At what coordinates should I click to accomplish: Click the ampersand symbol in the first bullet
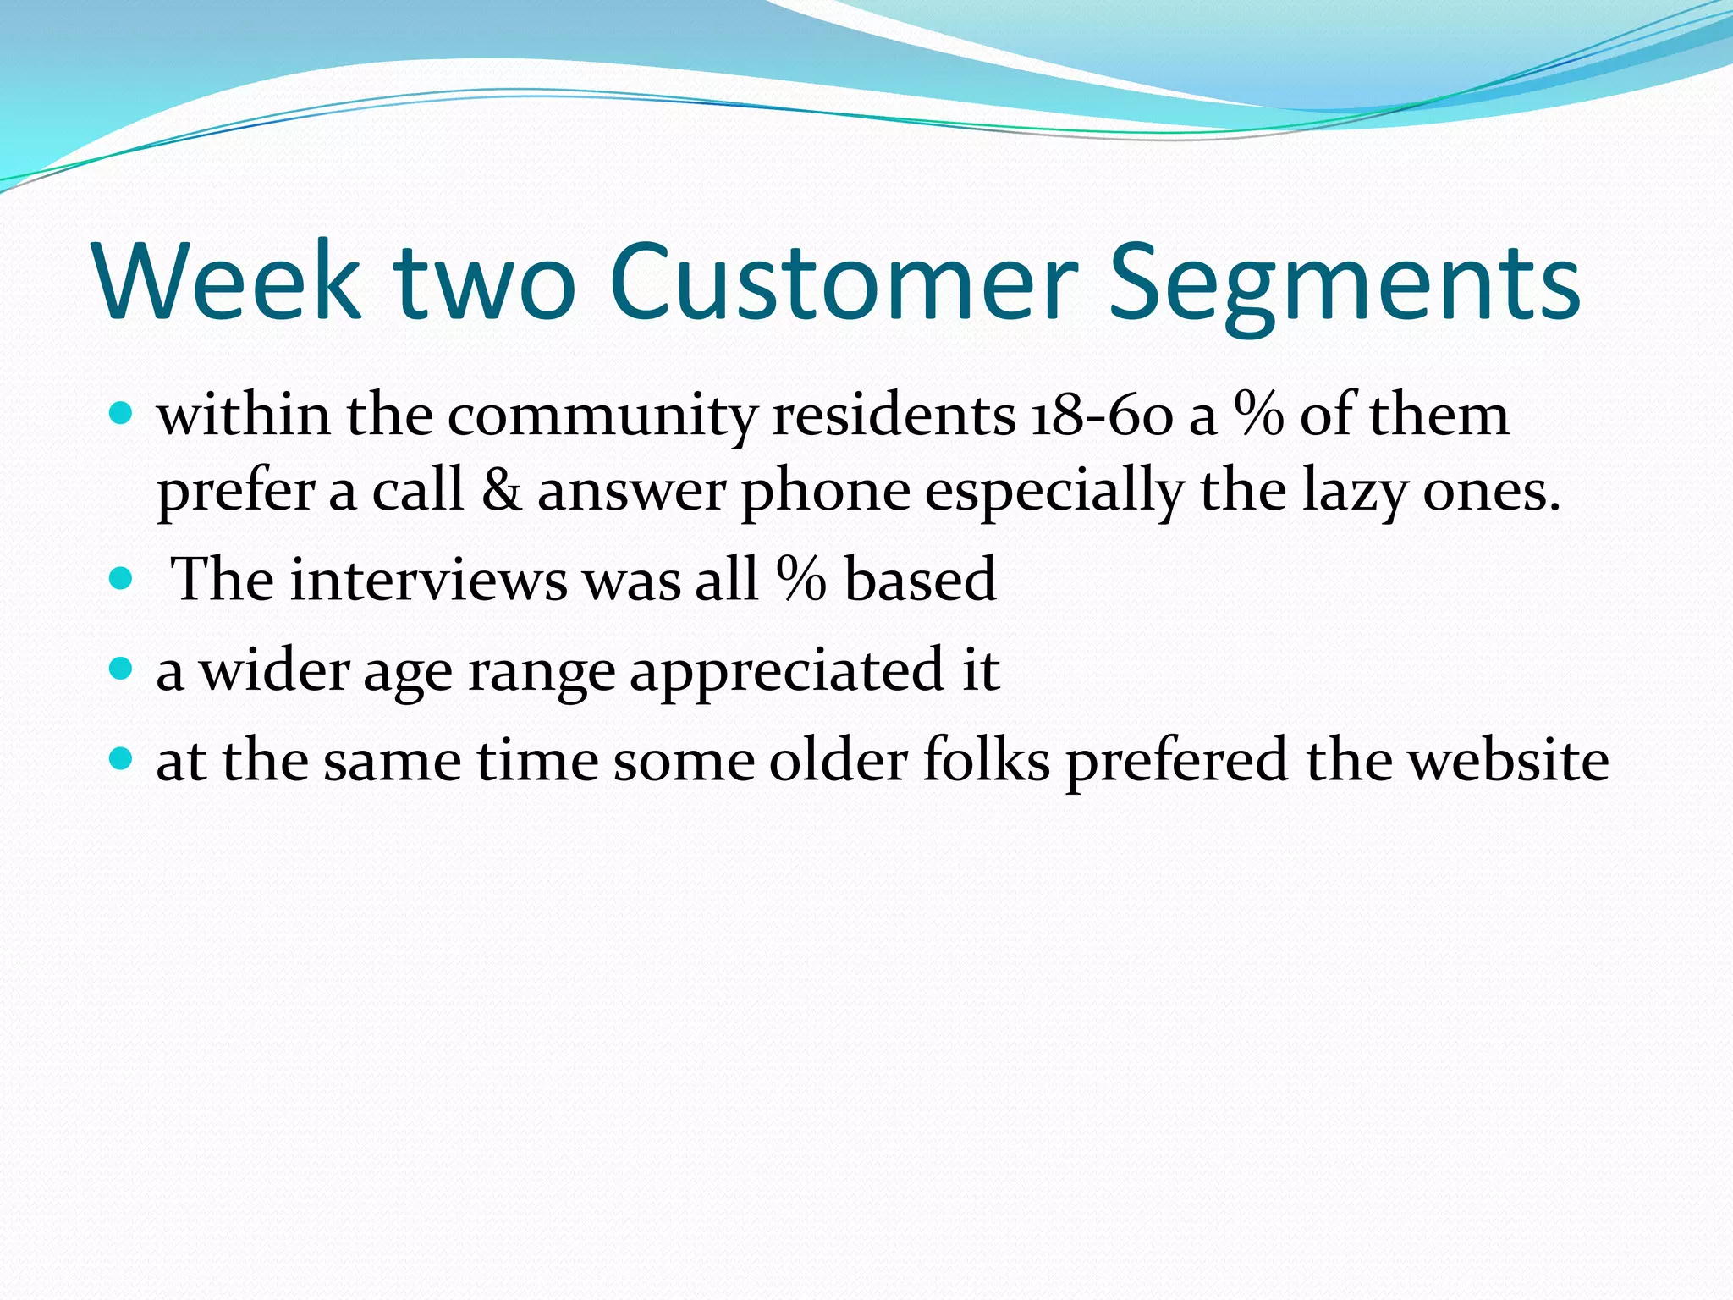[501, 491]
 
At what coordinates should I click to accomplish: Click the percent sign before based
[800, 580]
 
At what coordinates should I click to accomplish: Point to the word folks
[986, 760]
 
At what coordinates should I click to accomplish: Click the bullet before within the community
[122, 415]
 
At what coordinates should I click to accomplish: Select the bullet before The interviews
[122, 579]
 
